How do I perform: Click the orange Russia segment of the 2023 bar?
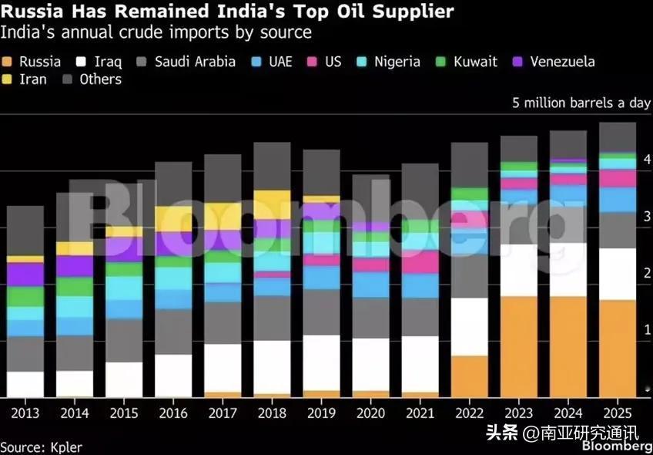tap(518, 346)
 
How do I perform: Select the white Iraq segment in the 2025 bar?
tap(618, 275)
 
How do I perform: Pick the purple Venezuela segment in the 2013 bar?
tap(25, 274)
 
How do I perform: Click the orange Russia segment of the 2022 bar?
tap(470, 376)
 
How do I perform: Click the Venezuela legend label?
tap(562, 62)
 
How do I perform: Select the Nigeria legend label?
tap(397, 62)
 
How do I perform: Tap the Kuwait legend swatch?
tap(441, 62)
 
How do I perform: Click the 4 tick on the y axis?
tap(648, 160)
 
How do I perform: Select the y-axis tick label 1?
tap(648, 330)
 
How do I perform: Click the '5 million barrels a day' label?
tap(581, 103)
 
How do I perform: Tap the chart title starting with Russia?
tap(227, 12)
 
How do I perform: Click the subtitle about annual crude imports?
tap(156, 33)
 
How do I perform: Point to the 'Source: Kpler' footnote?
tap(41, 447)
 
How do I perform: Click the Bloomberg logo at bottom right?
tap(617, 446)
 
